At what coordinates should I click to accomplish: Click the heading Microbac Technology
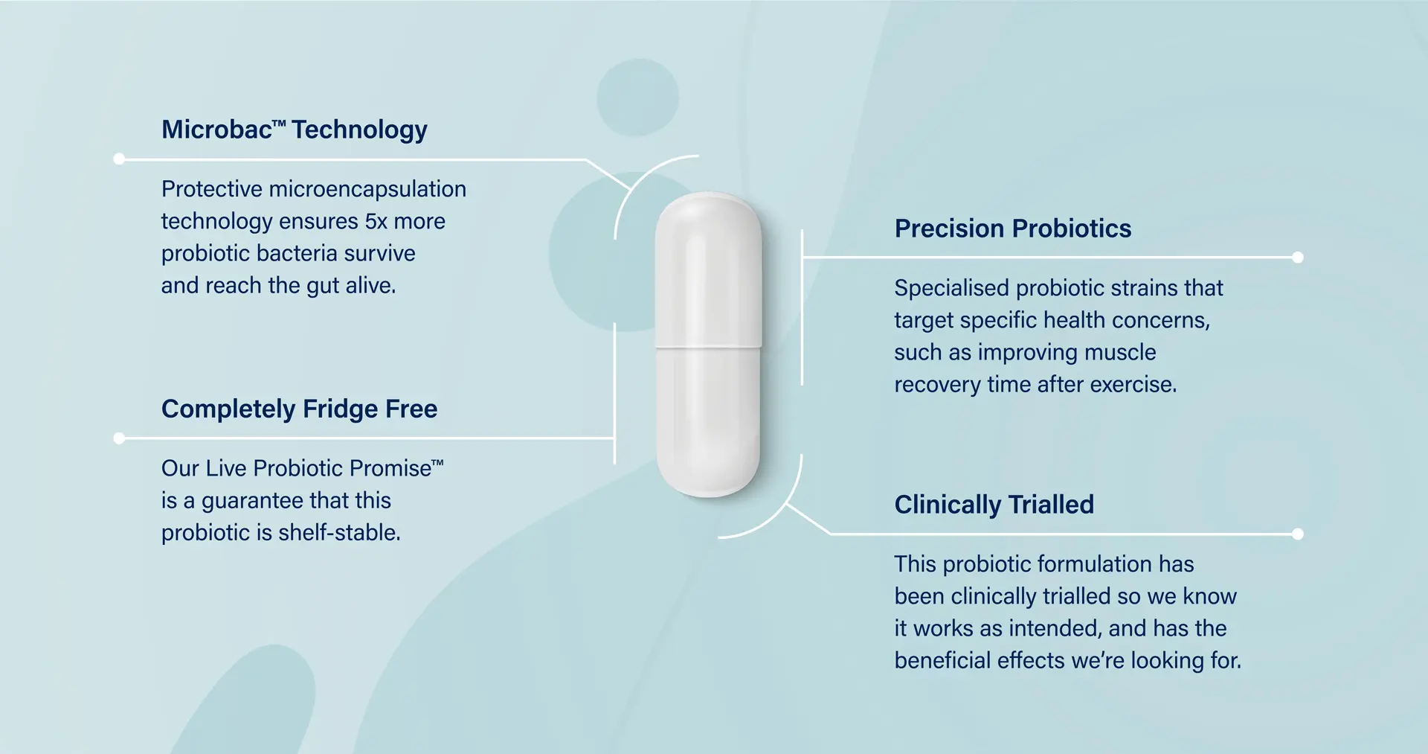294,130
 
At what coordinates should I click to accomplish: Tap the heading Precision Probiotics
1012,229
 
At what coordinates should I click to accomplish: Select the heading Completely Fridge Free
299,409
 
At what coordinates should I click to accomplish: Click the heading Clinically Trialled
994,505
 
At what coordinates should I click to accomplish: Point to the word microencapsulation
367,189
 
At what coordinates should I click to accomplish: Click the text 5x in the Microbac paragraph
376,221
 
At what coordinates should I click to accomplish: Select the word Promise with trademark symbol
396,468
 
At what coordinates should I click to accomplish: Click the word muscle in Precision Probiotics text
1122,352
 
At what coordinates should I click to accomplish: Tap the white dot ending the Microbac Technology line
119,159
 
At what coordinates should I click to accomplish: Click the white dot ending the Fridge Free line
119,438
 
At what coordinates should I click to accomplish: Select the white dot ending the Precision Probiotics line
1298,258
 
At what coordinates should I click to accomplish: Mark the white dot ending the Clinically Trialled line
1298,534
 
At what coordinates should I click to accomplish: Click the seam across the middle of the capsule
708,347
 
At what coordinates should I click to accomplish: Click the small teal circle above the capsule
637,98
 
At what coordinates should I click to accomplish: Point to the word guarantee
252,500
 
